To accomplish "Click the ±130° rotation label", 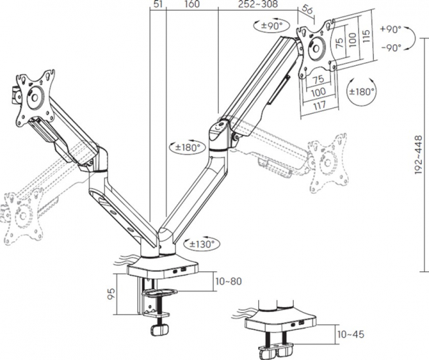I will click(204, 244).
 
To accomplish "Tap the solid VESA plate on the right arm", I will click(315, 50).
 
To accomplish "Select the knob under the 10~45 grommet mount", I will click(275, 353).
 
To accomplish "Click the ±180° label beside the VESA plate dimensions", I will click(361, 92).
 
